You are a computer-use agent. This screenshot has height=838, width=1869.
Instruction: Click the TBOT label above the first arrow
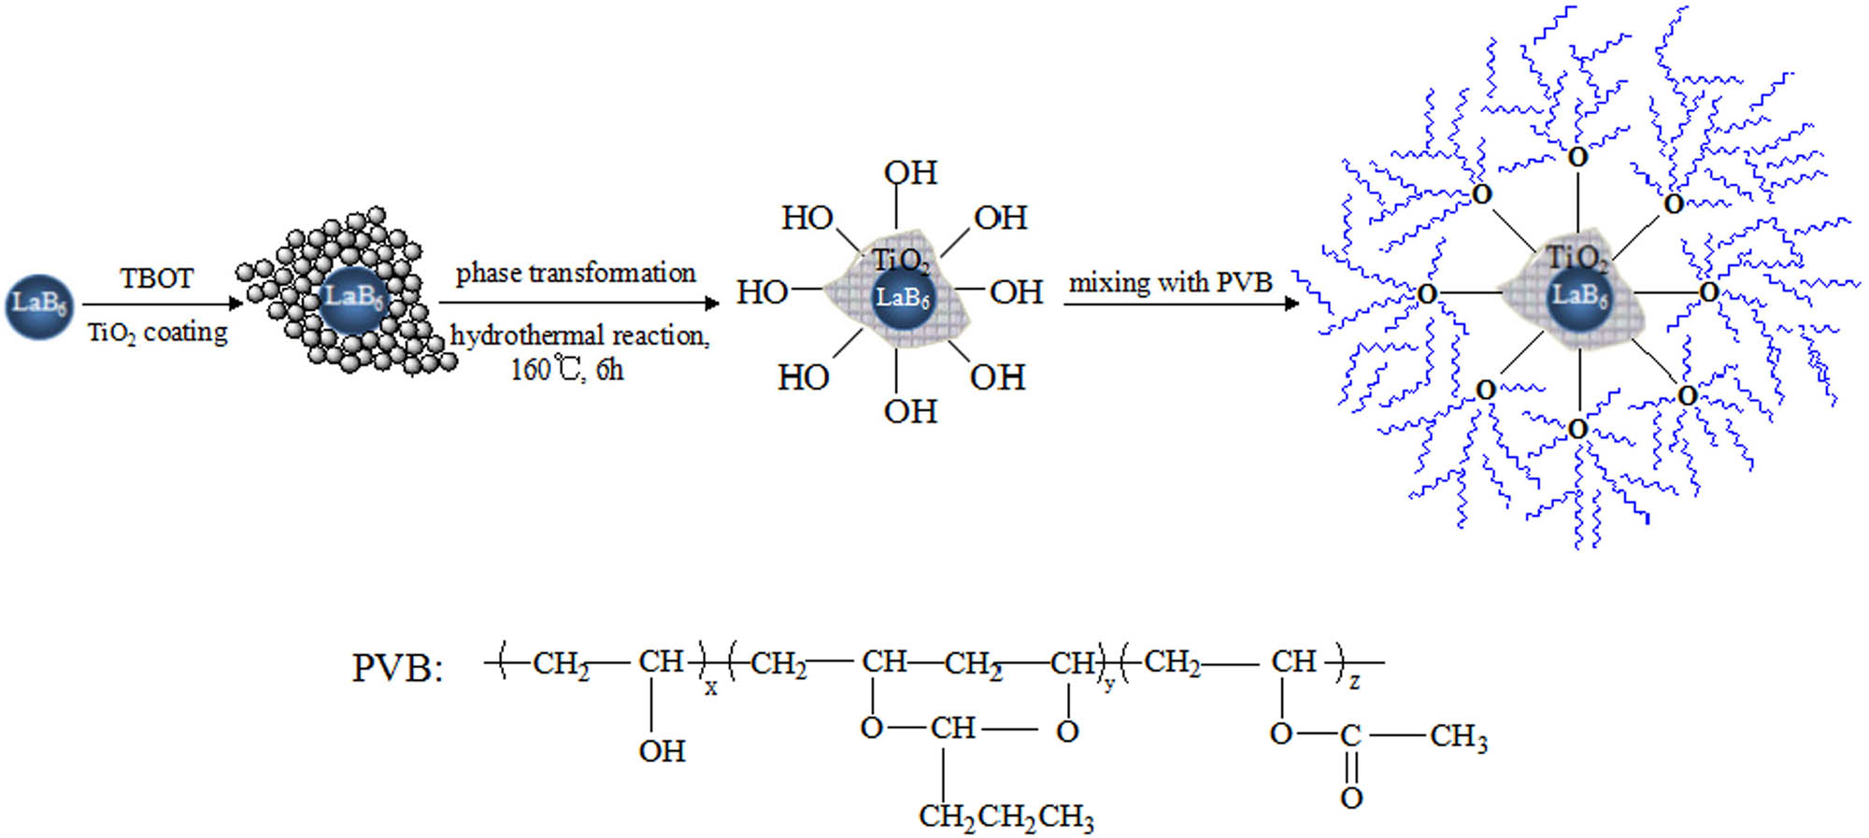156,278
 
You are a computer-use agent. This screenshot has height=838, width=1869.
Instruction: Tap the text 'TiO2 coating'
157,333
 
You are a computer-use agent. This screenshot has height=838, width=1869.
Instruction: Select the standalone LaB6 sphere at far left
38,305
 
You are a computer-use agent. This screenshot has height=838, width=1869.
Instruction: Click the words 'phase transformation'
576,273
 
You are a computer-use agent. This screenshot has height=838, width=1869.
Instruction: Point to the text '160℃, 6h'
566,370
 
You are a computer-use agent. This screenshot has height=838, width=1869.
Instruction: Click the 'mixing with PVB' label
1170,282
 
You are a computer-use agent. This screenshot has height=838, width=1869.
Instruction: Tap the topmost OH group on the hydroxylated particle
910,173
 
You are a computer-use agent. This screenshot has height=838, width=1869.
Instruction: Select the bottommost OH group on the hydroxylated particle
910,411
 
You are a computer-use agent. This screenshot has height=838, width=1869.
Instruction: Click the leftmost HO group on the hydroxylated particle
762,292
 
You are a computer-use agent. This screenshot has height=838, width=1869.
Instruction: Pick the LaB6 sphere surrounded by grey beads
352,298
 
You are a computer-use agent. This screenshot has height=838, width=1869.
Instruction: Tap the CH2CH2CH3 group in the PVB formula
1006,817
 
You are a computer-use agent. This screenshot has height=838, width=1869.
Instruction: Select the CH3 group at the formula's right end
1458,736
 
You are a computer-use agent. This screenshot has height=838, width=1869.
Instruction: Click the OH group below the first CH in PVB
662,751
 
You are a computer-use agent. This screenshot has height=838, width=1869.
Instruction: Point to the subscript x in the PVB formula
711,689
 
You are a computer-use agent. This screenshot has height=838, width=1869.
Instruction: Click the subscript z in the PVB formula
1354,682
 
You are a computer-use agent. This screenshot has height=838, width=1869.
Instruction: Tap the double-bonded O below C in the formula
1351,798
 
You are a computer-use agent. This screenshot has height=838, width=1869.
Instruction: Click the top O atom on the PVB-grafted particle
1577,157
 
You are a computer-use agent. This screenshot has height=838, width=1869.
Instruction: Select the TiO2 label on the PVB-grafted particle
1577,258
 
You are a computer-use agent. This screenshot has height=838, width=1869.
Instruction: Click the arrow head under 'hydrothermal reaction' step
712,303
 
